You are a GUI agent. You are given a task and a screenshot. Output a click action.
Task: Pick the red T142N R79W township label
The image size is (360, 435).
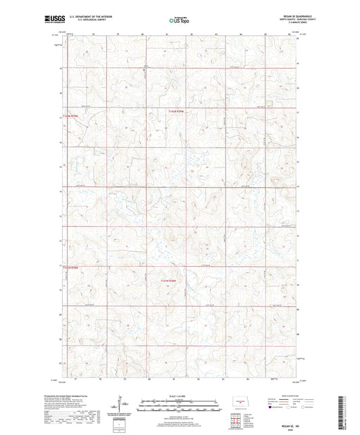click(x=71, y=116)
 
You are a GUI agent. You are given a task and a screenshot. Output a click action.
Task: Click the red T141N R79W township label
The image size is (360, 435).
click(x=71, y=269)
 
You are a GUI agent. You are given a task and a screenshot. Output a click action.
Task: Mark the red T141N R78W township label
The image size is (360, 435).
click(x=172, y=280)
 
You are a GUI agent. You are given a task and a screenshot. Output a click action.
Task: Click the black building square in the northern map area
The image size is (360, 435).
click(x=143, y=68)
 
